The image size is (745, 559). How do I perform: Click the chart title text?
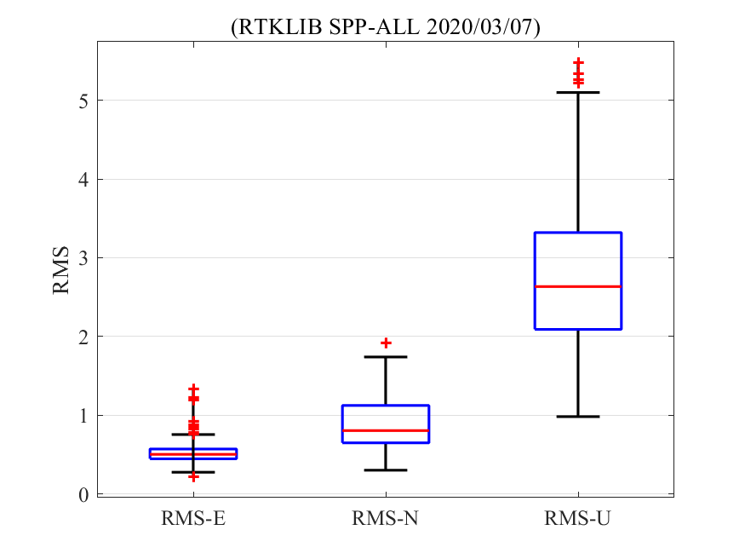(x=386, y=27)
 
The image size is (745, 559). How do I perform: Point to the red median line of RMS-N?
(x=386, y=430)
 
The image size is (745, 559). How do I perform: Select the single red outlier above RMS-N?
(x=386, y=343)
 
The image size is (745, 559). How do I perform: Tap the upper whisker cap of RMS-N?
(x=386, y=357)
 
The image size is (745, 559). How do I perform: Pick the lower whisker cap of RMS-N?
(x=386, y=470)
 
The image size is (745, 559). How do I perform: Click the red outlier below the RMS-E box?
(x=193, y=476)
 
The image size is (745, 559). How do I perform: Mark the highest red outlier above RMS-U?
(x=578, y=63)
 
